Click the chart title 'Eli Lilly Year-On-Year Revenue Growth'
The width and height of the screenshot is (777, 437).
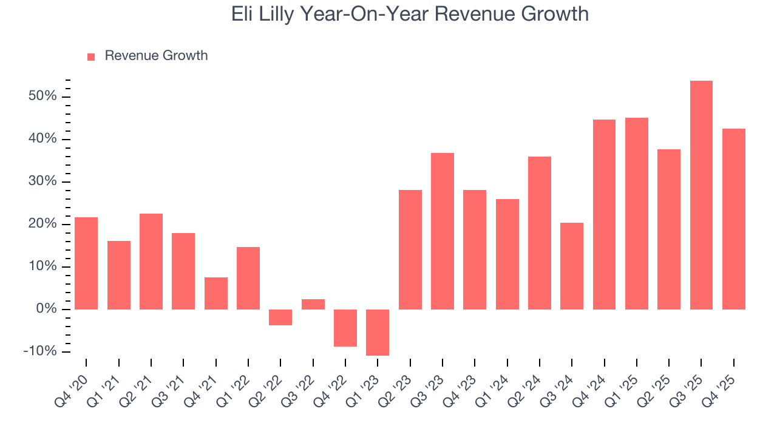410,14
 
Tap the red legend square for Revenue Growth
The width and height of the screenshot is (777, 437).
91,56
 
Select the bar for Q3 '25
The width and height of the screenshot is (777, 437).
701,195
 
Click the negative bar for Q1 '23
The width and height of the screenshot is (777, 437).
378,332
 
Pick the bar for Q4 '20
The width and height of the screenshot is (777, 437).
86,263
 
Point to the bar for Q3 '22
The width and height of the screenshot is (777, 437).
313,304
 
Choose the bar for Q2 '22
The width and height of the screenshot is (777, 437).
280,317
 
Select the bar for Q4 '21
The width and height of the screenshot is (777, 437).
216,293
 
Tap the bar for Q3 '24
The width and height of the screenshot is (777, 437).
572,266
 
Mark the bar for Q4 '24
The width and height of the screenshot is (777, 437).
604,214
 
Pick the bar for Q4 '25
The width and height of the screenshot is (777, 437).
733,218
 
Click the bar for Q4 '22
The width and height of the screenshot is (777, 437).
345,328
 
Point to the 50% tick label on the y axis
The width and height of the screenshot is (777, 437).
42,97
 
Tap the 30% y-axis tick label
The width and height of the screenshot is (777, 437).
42,182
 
